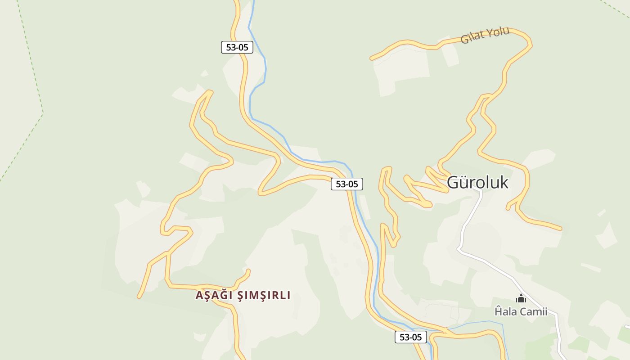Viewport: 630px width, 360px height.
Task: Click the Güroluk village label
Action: pos(477,182)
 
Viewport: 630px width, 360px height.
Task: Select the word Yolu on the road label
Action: pos(498,32)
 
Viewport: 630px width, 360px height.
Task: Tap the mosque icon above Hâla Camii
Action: pos(521,298)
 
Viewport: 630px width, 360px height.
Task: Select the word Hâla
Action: pos(505,311)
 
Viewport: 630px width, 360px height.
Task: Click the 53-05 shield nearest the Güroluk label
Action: pos(347,184)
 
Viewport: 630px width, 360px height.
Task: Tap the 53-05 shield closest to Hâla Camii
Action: pos(410,337)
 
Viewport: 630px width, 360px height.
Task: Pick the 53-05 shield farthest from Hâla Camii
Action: pos(237,47)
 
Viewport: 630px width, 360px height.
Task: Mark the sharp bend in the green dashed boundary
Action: pos(43,112)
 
